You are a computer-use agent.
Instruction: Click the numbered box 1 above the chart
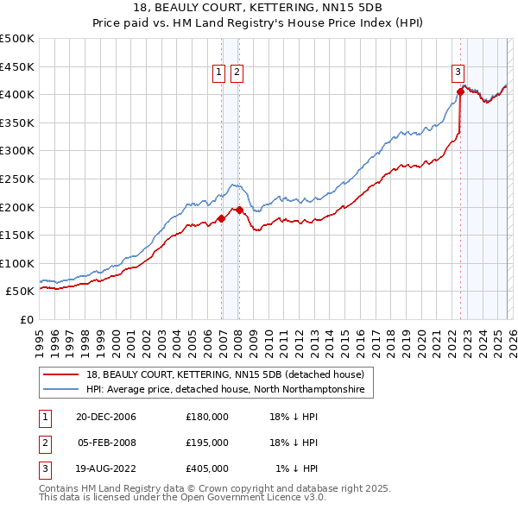pyautogui.click(x=219, y=73)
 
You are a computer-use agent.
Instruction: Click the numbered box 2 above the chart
pyautogui.click(x=237, y=73)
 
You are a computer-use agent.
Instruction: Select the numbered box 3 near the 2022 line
pyautogui.click(x=458, y=73)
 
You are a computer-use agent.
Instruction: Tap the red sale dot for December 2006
pyautogui.click(x=221, y=218)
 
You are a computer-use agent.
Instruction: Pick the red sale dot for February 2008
pyautogui.click(x=238, y=210)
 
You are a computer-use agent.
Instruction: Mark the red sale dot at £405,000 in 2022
pyautogui.click(x=460, y=91)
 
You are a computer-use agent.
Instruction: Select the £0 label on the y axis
pyautogui.click(x=27, y=319)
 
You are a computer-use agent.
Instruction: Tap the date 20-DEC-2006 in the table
pyautogui.click(x=105, y=417)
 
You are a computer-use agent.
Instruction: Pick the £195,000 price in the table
pyautogui.click(x=207, y=443)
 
